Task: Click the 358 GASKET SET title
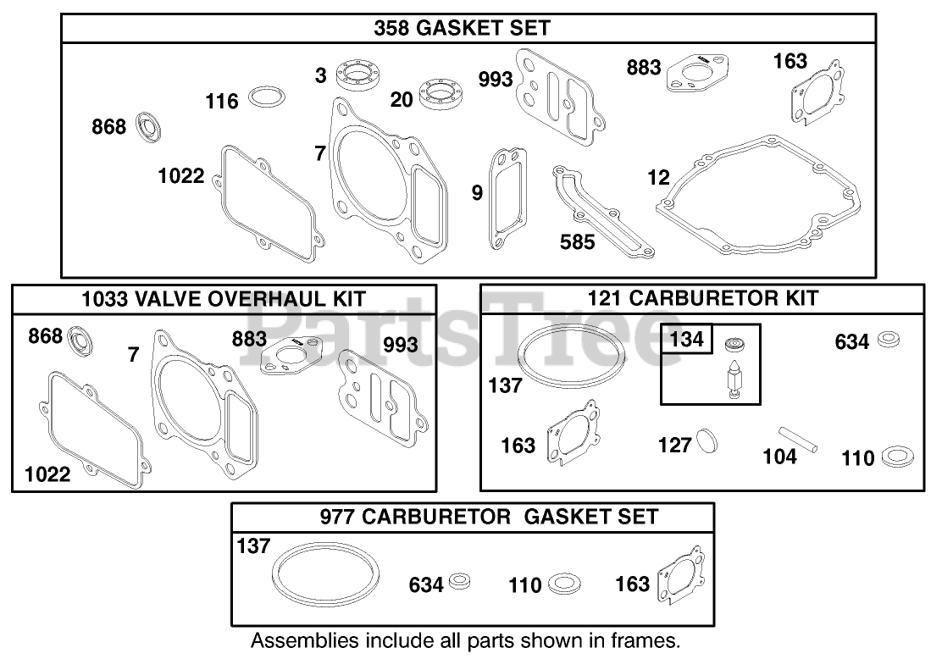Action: (462, 28)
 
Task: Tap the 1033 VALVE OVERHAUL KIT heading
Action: (224, 299)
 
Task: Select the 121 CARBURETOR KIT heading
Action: (702, 298)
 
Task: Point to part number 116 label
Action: (222, 102)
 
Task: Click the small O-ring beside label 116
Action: (267, 98)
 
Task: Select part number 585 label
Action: (578, 241)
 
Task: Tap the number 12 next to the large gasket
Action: (658, 177)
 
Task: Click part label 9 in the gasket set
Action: (478, 193)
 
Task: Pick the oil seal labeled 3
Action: (360, 75)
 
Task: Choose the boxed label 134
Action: (687, 340)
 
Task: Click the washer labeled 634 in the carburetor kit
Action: (888, 340)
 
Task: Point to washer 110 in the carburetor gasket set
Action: (563, 584)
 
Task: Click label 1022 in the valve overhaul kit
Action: (47, 474)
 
